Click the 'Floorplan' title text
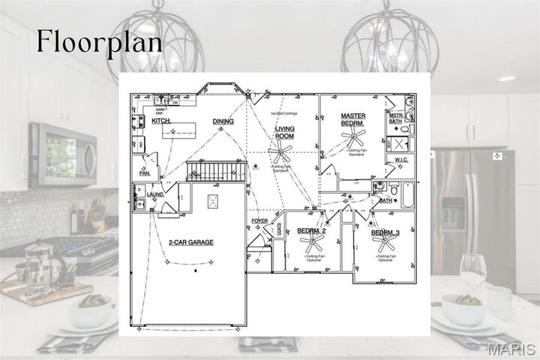(x=99, y=42)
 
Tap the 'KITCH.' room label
(x=162, y=121)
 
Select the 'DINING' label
(x=223, y=121)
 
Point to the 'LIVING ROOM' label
(x=284, y=133)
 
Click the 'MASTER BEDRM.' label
(x=352, y=120)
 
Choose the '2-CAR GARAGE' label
(x=190, y=243)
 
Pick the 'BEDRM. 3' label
(x=385, y=233)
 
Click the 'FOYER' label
(x=259, y=221)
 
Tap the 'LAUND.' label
(x=155, y=195)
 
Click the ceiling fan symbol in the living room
(x=281, y=154)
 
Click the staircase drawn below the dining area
(x=216, y=171)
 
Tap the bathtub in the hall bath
(x=407, y=194)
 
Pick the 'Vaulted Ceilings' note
(x=285, y=113)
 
